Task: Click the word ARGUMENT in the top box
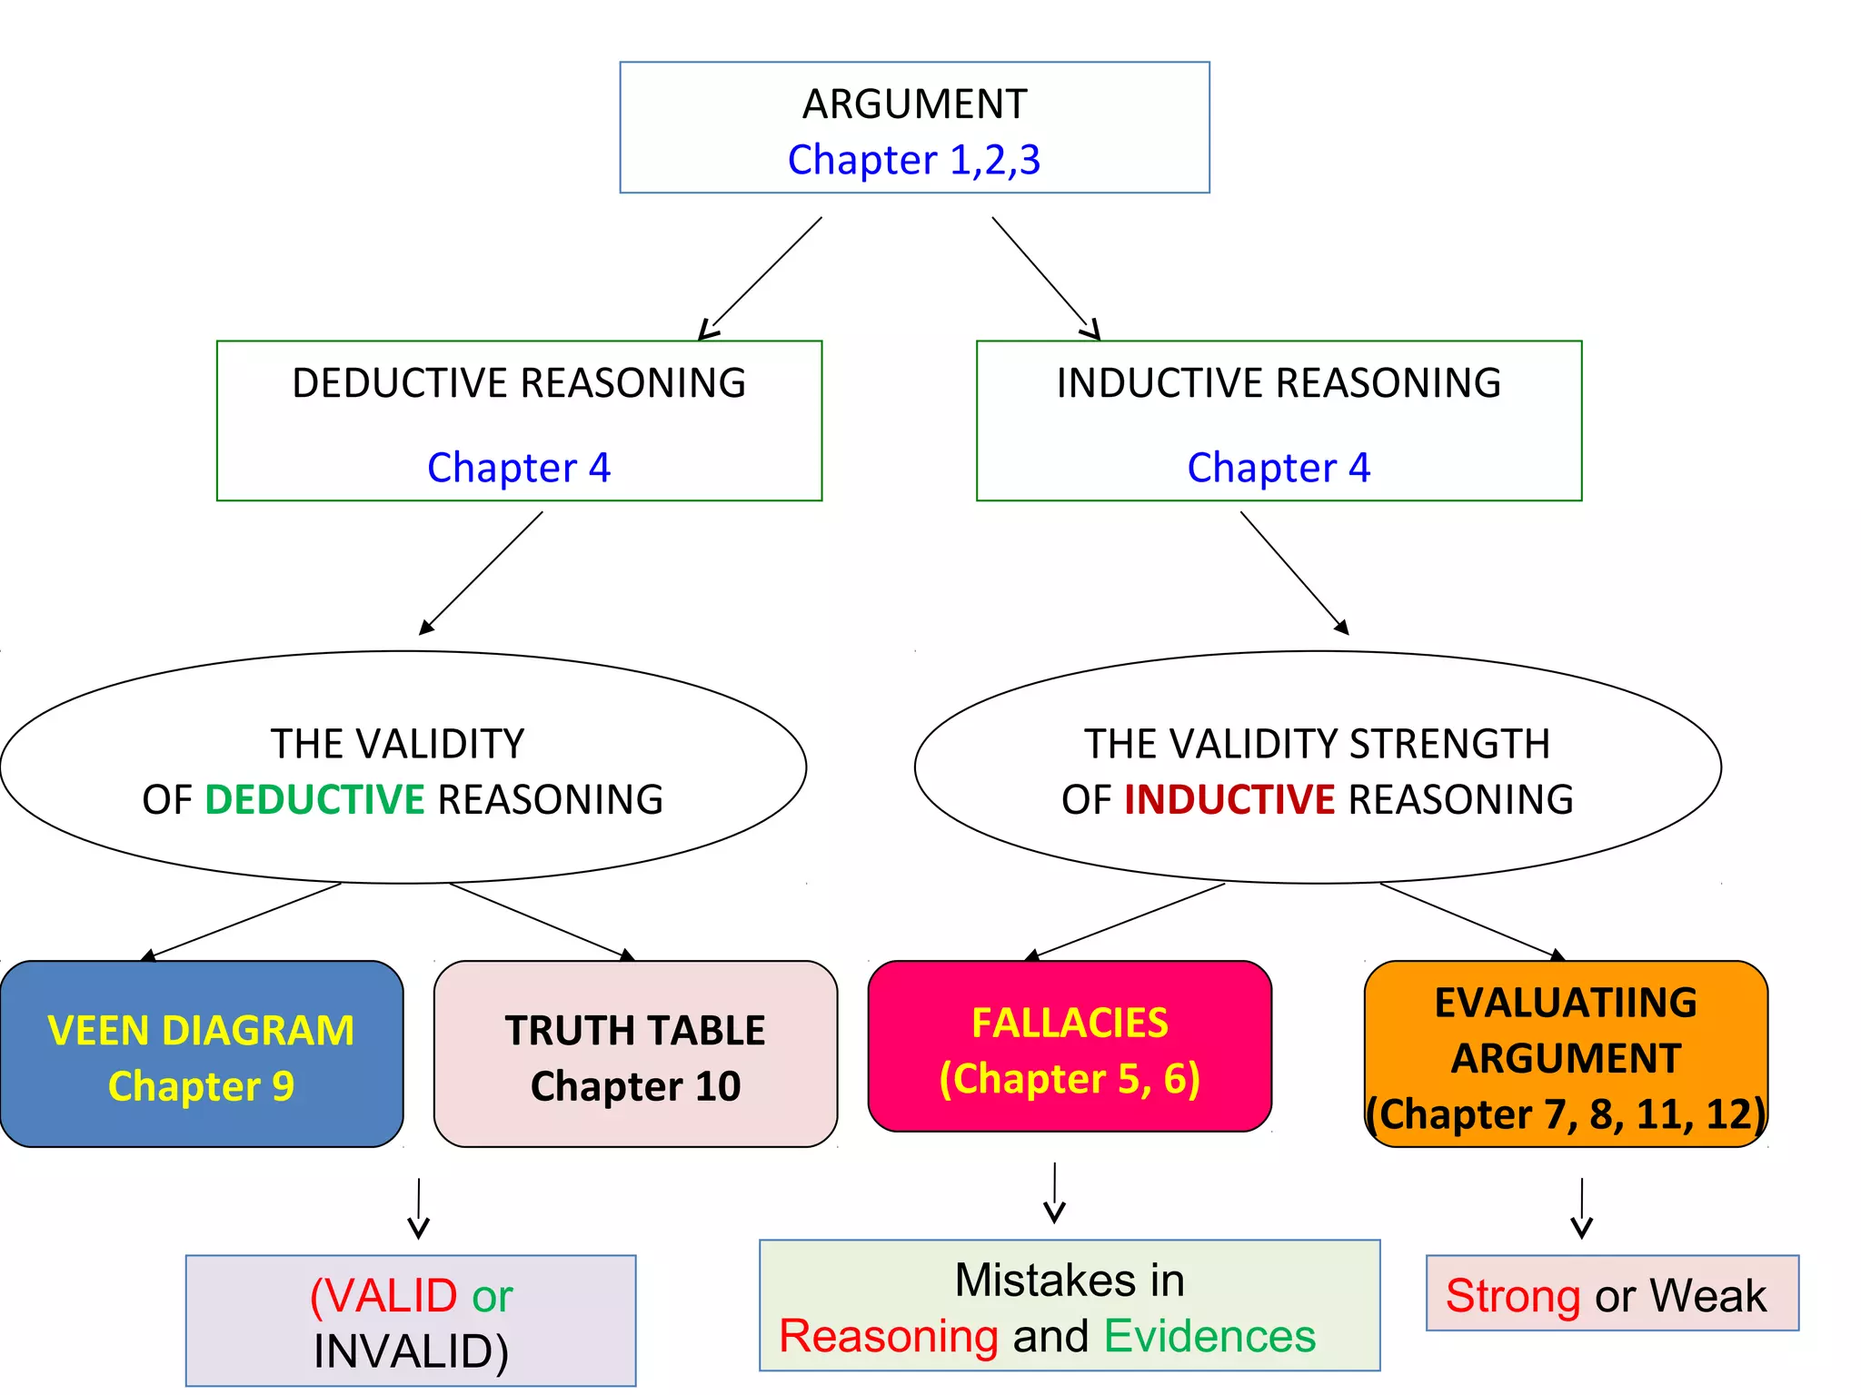click(x=914, y=104)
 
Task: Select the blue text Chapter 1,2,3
click(x=914, y=161)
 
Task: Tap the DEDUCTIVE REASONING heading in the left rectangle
click(x=519, y=383)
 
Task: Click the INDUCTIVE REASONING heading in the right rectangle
click(x=1279, y=383)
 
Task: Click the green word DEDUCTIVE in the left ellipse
click(x=314, y=800)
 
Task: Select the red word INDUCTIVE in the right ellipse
click(x=1229, y=800)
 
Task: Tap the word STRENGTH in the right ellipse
click(x=1450, y=745)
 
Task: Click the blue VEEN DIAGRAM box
click(x=201, y=1054)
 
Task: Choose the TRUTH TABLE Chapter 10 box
click(x=635, y=1054)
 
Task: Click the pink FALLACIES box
click(x=1070, y=1046)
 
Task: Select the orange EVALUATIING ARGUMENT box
click(x=1566, y=1054)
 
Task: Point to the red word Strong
click(x=1513, y=1296)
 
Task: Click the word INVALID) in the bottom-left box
click(x=411, y=1352)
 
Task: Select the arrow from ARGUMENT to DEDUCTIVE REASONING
click(x=761, y=277)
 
